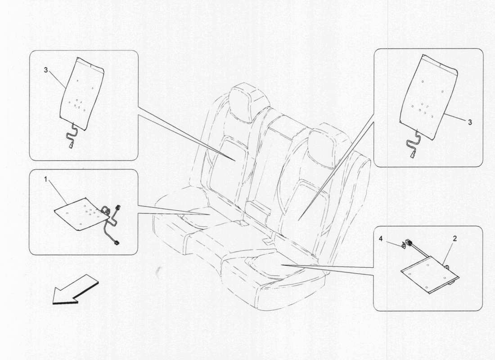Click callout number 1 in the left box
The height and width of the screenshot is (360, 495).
45,180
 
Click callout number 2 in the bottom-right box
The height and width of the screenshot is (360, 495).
454,238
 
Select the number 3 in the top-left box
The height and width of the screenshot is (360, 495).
45,70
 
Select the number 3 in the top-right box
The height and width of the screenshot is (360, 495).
470,122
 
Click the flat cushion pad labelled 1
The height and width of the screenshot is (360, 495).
81,212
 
